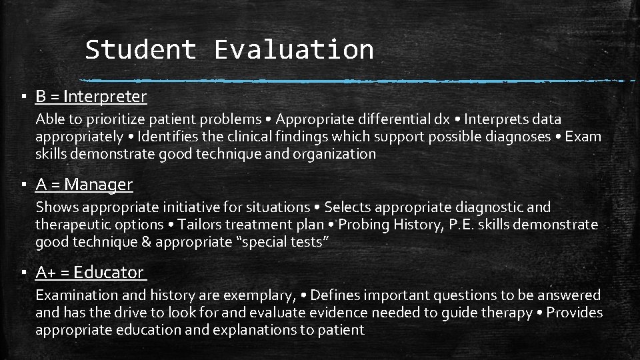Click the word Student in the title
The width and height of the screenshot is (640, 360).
tap(140, 50)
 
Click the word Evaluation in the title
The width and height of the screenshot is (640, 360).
tap(293, 50)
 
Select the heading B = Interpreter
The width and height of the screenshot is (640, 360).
tap(91, 97)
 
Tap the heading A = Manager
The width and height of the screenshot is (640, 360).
tap(85, 185)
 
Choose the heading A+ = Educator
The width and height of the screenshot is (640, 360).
tap(90, 273)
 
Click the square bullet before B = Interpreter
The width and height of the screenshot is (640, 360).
tap(23, 97)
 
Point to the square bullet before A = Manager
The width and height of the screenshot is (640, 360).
tap(23, 185)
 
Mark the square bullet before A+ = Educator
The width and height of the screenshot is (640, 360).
tap(23, 273)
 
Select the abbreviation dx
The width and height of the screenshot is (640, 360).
tap(441, 120)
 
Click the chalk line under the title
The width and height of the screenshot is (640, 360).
tap(360, 81)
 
